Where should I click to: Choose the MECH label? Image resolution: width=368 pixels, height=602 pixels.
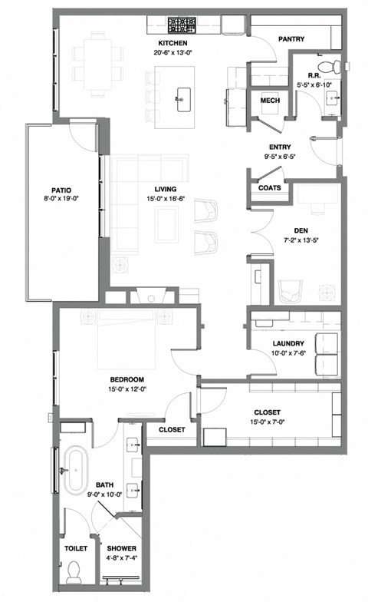click(x=270, y=101)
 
